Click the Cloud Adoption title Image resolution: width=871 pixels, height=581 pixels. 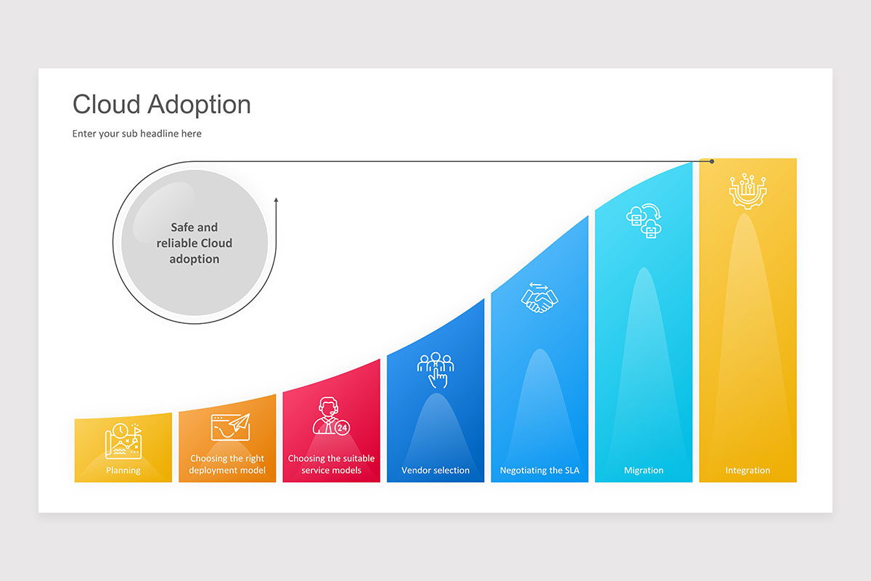[161, 105]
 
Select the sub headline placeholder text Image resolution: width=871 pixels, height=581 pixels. [136, 134]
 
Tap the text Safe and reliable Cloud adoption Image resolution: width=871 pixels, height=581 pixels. [195, 243]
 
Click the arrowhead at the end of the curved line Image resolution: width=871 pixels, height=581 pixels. [276, 198]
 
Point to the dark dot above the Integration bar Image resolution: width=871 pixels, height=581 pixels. [712, 161]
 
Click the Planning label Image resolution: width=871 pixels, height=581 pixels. [123, 470]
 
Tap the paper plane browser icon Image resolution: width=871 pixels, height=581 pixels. [229, 427]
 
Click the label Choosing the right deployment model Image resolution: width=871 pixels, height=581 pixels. [227, 464]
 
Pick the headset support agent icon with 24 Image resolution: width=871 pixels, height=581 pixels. [331, 416]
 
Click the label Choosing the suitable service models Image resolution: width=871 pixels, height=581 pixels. [331, 464]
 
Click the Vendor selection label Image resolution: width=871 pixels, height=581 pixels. [435, 470]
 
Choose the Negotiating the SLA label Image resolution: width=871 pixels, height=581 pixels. [539, 470]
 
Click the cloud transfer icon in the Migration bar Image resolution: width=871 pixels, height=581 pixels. [644, 220]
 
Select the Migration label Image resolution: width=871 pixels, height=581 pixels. [644, 470]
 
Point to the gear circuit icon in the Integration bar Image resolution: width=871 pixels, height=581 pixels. [748, 190]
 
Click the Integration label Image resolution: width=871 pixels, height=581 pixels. [748, 470]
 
